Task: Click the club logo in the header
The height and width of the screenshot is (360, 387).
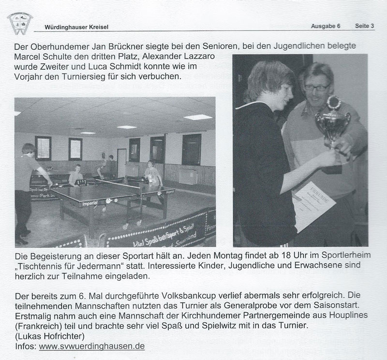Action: pos(20,22)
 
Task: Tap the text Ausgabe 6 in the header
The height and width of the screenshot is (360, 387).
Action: pos(326,26)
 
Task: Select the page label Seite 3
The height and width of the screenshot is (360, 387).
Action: pos(365,26)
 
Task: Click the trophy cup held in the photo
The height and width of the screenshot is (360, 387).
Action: pos(333,123)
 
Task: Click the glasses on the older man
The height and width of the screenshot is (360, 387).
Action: pos(317,87)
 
